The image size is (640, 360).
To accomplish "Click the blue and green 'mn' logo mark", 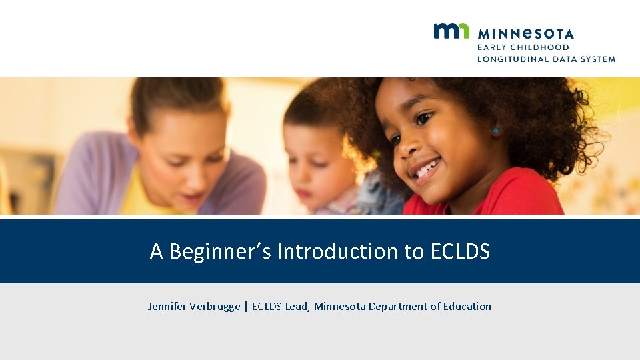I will coord(451,31).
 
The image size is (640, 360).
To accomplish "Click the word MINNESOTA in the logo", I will coord(525,33).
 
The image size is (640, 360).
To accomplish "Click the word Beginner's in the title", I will coord(220,251).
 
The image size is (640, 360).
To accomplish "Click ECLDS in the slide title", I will coord(460,251).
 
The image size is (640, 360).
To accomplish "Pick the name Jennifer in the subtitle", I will coord(167,307).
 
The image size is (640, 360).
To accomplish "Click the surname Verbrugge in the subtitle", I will coord(214,307).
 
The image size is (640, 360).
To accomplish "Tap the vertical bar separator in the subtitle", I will coord(246,307).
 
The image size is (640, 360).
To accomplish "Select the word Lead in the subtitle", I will coord(297,307).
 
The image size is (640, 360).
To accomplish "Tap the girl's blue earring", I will coord(495,130).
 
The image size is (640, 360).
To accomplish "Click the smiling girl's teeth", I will coord(425,169).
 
